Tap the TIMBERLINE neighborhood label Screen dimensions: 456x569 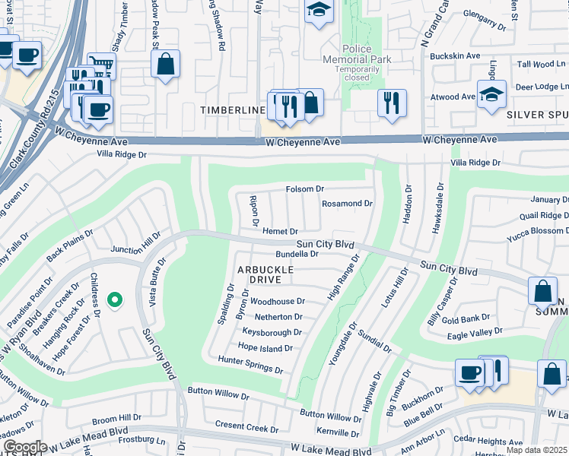[232, 110]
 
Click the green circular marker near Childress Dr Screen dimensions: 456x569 [115, 301]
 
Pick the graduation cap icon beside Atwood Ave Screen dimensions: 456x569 [491, 95]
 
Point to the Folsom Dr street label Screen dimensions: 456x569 [305, 188]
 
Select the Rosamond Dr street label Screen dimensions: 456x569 [347, 204]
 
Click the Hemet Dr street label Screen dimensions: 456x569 [279, 231]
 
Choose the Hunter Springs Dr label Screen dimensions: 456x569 [250, 365]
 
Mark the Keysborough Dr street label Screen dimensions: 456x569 [272, 332]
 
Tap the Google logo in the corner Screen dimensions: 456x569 [25, 447]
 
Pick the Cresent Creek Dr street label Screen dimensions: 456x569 [246, 428]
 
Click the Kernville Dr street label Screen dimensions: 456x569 [338, 432]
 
